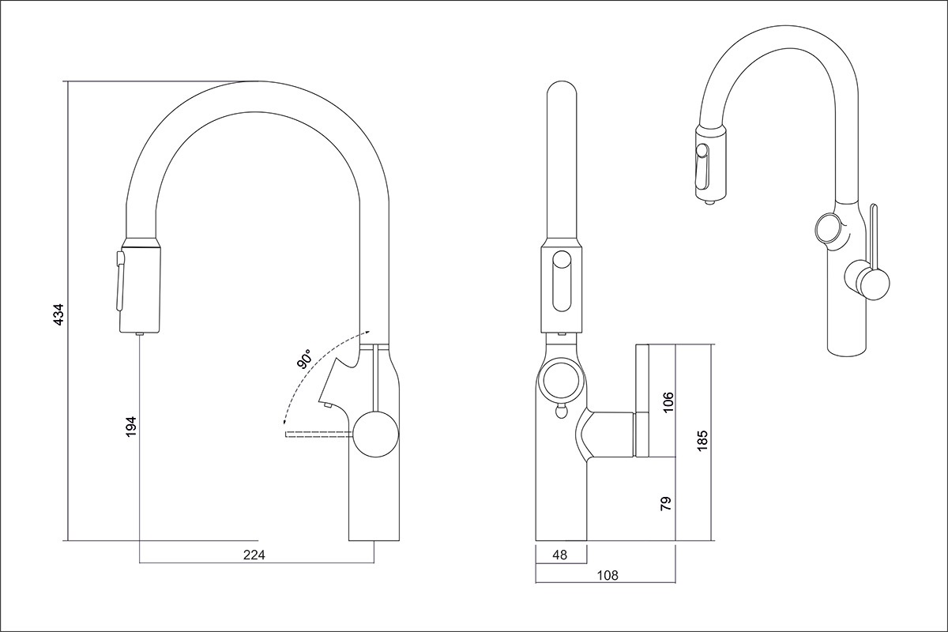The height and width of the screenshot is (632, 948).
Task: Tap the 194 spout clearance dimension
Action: (132, 427)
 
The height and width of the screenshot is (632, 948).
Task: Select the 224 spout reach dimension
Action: (254, 555)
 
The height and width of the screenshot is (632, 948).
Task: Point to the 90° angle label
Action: (304, 359)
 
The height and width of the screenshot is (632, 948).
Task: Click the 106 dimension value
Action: (668, 403)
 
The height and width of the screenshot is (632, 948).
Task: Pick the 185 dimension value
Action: (702, 441)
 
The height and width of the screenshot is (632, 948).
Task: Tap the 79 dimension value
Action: (667, 503)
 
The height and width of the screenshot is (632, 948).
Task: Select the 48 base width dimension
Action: (559, 555)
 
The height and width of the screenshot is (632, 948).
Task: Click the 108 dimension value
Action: (608, 575)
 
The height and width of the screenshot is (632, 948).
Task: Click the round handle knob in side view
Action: (376, 434)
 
